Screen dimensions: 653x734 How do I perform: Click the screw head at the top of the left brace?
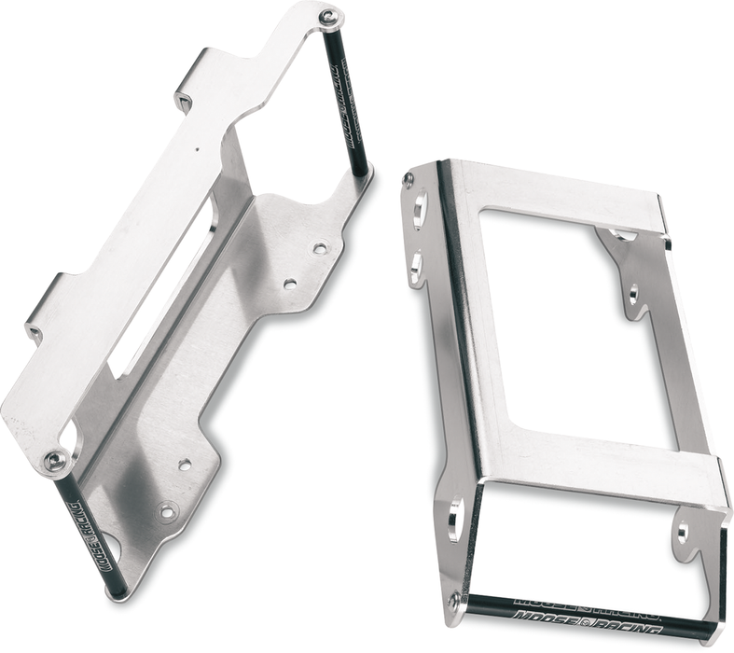[327, 17]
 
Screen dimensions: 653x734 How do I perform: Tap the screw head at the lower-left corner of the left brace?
[55, 460]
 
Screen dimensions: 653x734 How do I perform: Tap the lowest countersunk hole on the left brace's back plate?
[168, 510]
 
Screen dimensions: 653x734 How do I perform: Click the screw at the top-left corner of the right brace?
[409, 179]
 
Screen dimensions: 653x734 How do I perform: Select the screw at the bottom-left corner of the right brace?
[454, 600]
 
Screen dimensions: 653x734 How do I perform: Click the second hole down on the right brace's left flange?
[416, 267]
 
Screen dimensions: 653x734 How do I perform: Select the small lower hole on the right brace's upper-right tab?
[633, 295]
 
